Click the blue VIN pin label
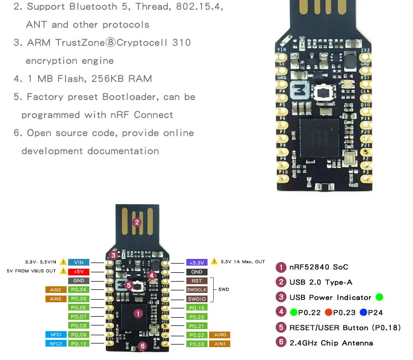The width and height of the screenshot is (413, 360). pos(80,262)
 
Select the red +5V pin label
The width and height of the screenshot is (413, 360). pos(79,271)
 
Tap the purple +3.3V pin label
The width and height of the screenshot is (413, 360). pos(197,262)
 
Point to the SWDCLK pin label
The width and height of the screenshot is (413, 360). pos(197,290)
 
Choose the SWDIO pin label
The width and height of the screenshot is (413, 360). pos(197,299)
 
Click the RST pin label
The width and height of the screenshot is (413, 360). pos(197,281)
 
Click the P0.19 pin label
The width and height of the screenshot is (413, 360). pos(197,308)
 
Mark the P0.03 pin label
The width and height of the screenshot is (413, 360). pos(197,344)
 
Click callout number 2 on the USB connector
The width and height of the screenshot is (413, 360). pos(137,222)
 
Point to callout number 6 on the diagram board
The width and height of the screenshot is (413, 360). pos(143,347)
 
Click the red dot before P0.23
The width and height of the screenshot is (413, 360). pos(328,312)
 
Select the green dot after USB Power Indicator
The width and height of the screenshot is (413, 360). pos(379,297)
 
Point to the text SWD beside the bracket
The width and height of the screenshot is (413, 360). pos(224,290)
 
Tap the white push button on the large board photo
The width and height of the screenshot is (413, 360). pos(324,93)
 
